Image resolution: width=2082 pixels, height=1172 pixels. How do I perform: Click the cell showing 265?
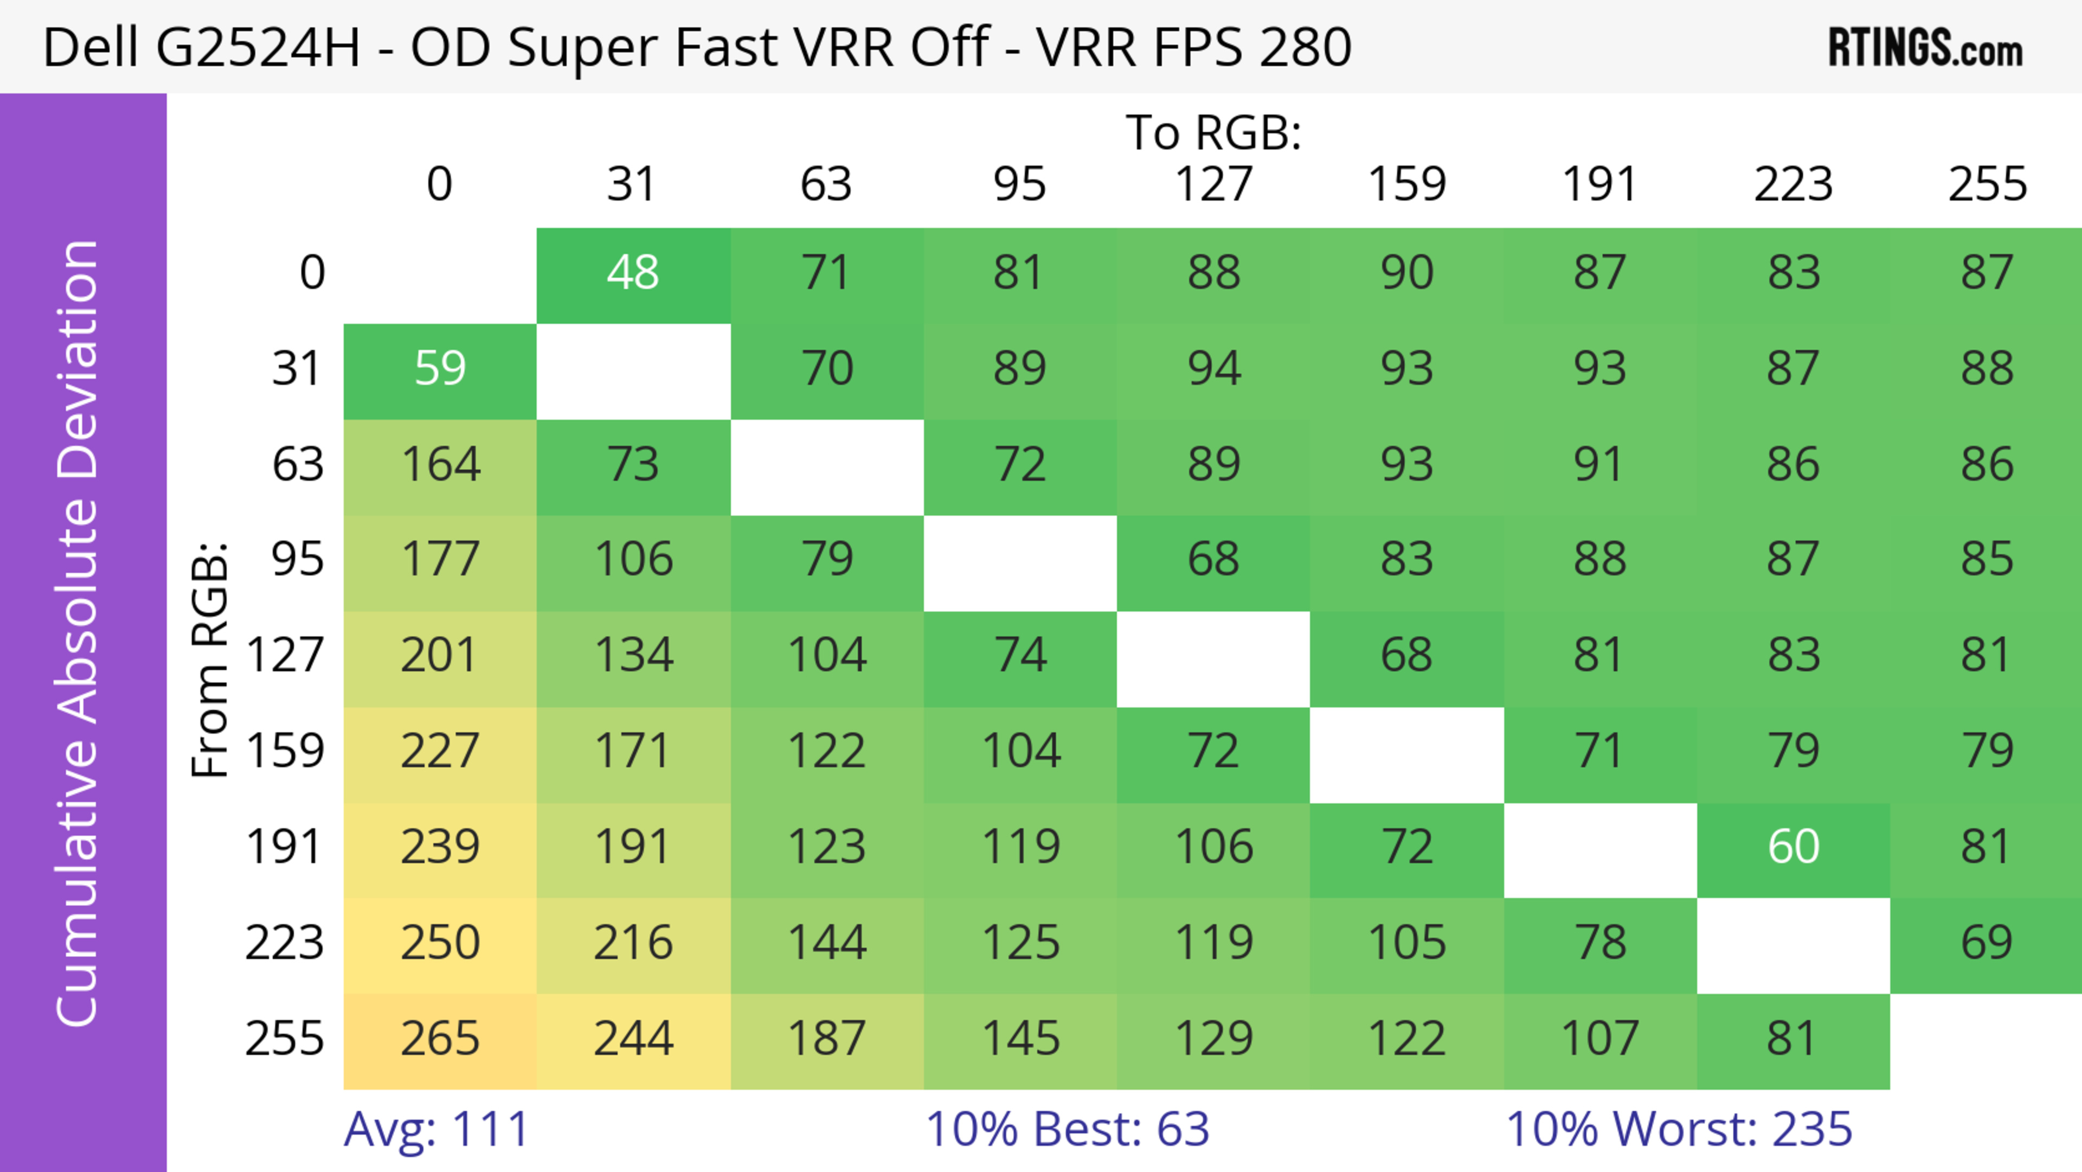click(440, 1039)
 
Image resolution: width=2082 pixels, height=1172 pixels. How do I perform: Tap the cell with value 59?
click(440, 369)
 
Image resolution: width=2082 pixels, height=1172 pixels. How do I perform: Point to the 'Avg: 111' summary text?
click(436, 1129)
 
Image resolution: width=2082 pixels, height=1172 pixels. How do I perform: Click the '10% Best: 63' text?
click(1067, 1129)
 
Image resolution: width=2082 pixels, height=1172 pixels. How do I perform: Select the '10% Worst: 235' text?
click(1679, 1129)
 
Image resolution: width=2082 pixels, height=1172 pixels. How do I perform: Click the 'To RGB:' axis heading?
click(1213, 132)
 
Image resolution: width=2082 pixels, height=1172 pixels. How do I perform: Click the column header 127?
click(1213, 184)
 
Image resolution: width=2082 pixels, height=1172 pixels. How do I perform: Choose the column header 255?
click(1987, 184)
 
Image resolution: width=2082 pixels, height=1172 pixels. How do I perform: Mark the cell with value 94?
click(1213, 369)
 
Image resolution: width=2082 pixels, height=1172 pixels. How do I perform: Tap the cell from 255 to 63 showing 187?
click(826, 1039)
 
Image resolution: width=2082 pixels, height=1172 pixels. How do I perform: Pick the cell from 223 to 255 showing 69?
click(1986, 943)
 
